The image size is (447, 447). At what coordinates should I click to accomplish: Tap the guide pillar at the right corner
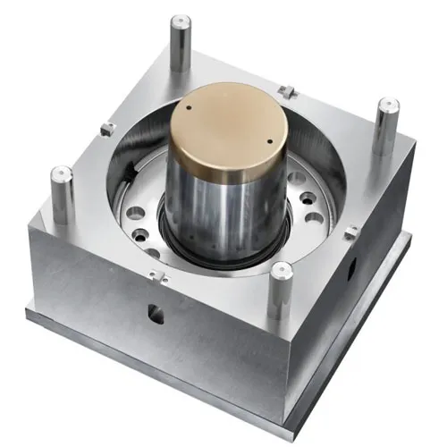[x=386, y=125]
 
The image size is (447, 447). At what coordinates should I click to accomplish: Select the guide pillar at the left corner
[x=62, y=192]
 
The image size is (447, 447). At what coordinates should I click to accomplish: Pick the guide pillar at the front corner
[x=281, y=291]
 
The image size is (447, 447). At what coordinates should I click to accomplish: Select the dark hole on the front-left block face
[x=156, y=313]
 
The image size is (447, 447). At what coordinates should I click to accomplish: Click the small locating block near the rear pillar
[x=286, y=89]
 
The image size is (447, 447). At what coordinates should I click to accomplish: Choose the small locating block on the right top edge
[x=350, y=232]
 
